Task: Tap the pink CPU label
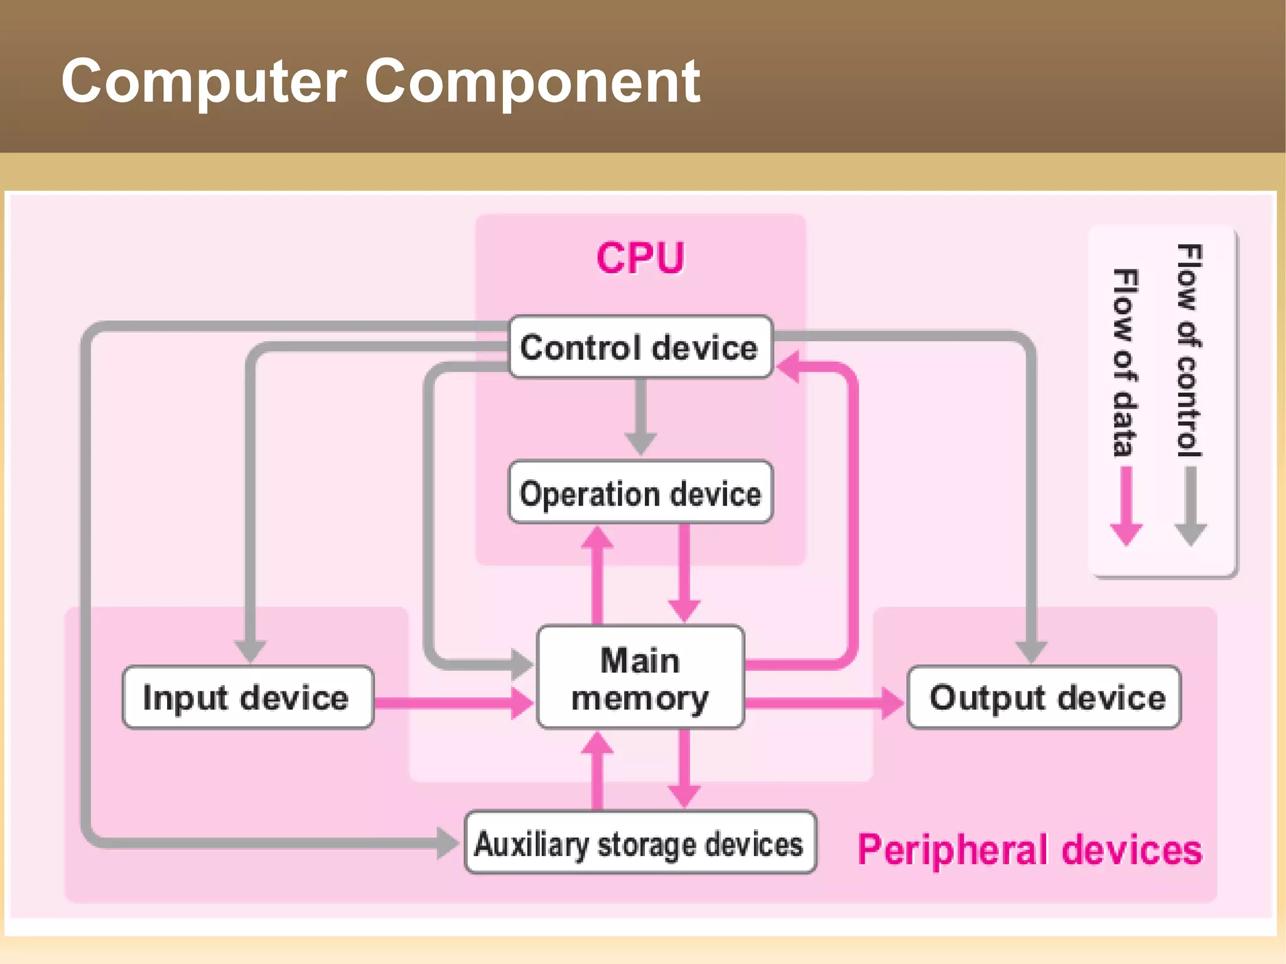pos(640,258)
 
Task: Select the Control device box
pos(640,347)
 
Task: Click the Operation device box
pos(640,492)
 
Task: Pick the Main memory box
pos(640,678)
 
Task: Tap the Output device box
pos(1045,697)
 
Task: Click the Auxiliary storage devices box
pos(640,843)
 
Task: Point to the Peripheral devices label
pos(1030,850)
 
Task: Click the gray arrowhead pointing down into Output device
pos(1031,651)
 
